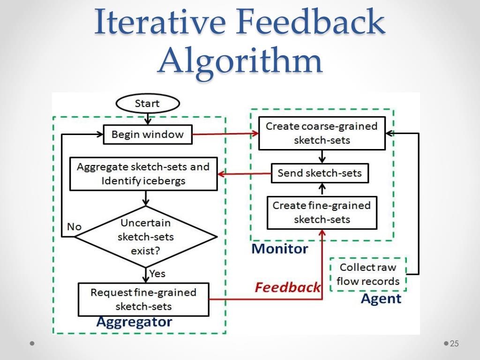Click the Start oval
coord(147,104)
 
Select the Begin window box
coord(147,135)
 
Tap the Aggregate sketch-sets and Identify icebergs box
coord(143,174)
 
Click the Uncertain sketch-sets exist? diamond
coord(145,237)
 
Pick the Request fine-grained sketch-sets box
coord(143,299)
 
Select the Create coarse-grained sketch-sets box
coord(322,133)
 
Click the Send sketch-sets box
coord(320,173)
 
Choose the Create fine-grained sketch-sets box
coord(322,212)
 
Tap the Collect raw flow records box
coord(368,274)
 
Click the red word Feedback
coord(287,287)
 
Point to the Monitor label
coord(280,248)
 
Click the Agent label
coord(381,299)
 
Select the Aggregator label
coord(134,322)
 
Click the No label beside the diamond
coord(74,227)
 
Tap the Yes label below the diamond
coord(157,273)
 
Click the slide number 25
coord(454,344)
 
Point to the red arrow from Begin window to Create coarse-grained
coord(225,134)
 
